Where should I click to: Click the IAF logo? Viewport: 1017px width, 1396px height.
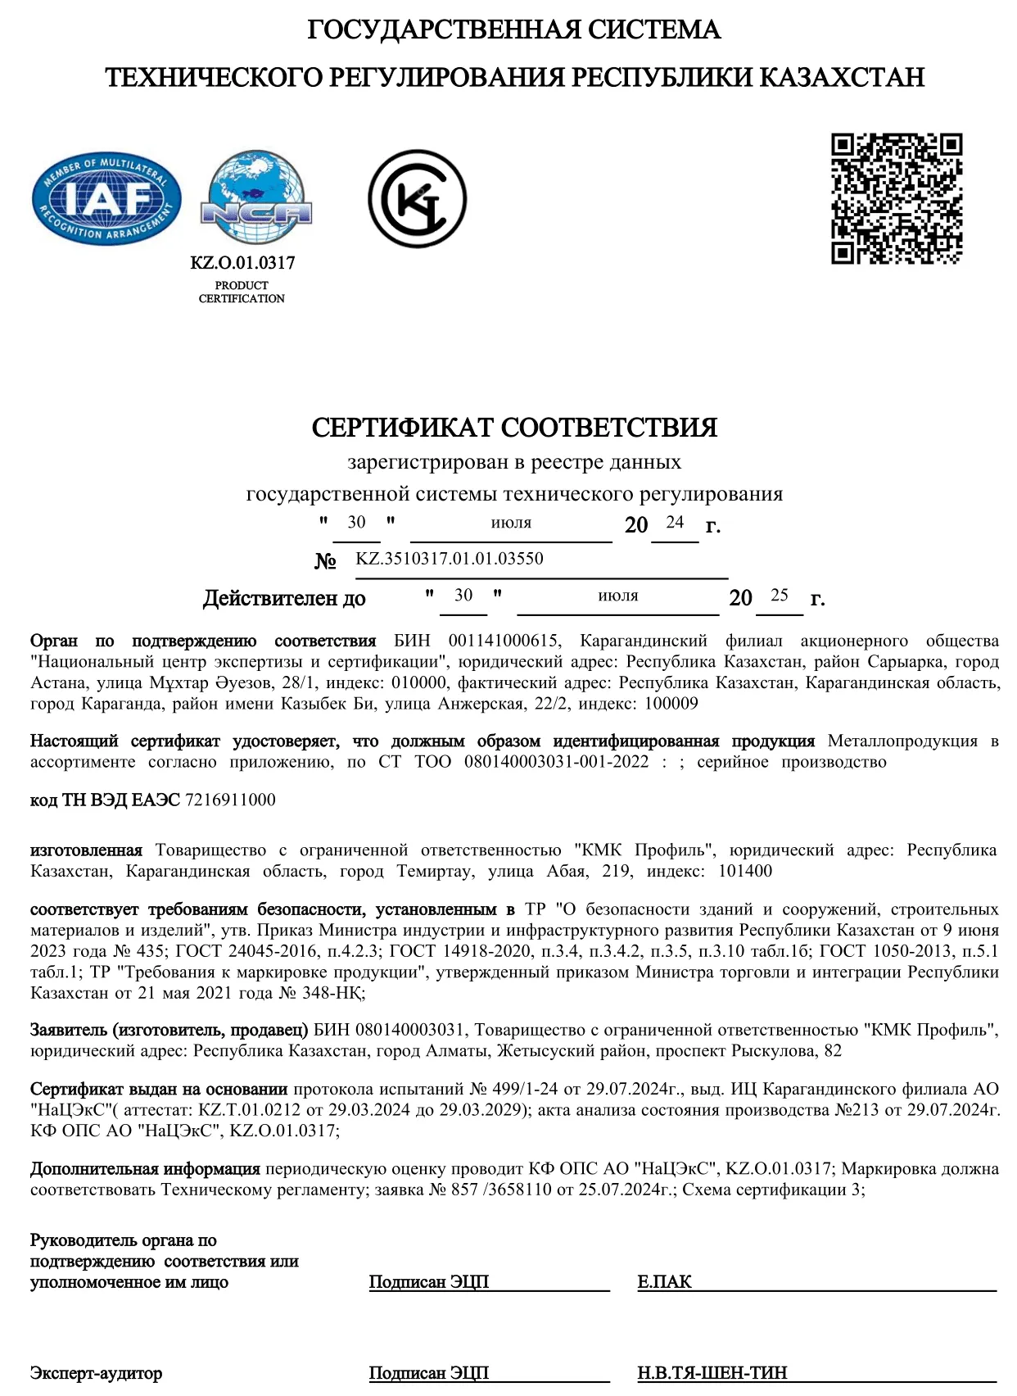106,199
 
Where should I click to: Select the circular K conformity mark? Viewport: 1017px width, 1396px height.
417,198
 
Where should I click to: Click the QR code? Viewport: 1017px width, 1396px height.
897,198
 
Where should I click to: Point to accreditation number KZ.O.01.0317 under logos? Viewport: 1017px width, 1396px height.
242,263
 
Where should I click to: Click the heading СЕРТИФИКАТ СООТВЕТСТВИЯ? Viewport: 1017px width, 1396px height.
514,427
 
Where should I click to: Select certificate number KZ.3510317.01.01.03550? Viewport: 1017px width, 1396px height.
450,559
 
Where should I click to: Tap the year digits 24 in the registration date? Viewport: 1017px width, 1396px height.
675,522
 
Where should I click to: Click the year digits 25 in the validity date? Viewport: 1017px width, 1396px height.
779,595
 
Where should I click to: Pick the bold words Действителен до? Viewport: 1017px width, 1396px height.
284,598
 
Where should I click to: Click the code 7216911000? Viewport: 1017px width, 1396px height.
231,800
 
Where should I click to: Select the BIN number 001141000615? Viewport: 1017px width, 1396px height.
504,641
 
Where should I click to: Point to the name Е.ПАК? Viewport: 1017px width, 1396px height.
664,1282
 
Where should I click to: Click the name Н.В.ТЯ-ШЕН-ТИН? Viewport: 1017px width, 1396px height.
712,1373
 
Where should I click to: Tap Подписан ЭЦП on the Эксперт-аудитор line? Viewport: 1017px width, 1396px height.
428,1373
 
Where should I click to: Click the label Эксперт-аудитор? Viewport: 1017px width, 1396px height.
96,1373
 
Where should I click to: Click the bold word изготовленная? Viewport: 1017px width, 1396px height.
86,850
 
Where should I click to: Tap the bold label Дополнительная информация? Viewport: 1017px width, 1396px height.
145,1168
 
